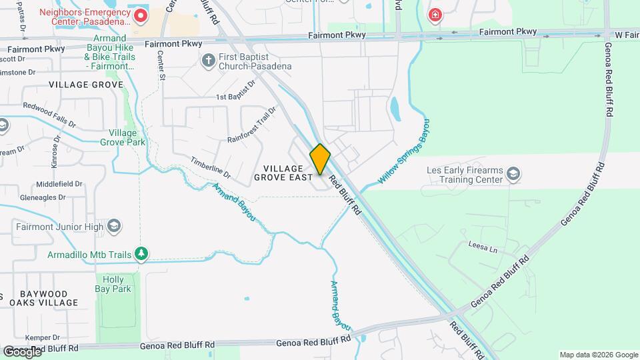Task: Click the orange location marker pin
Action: (320, 159)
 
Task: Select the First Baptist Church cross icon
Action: (208, 61)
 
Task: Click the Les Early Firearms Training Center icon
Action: (513, 175)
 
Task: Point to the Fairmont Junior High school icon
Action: (114, 227)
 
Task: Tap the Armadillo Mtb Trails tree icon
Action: (141, 254)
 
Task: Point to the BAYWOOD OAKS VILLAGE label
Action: (44, 298)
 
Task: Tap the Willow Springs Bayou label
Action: (404, 152)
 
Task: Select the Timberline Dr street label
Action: (210, 167)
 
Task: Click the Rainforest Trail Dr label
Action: (251, 125)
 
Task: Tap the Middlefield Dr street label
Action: (59, 184)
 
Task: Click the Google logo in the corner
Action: (22, 351)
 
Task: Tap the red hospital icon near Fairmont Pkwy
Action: (435, 15)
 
